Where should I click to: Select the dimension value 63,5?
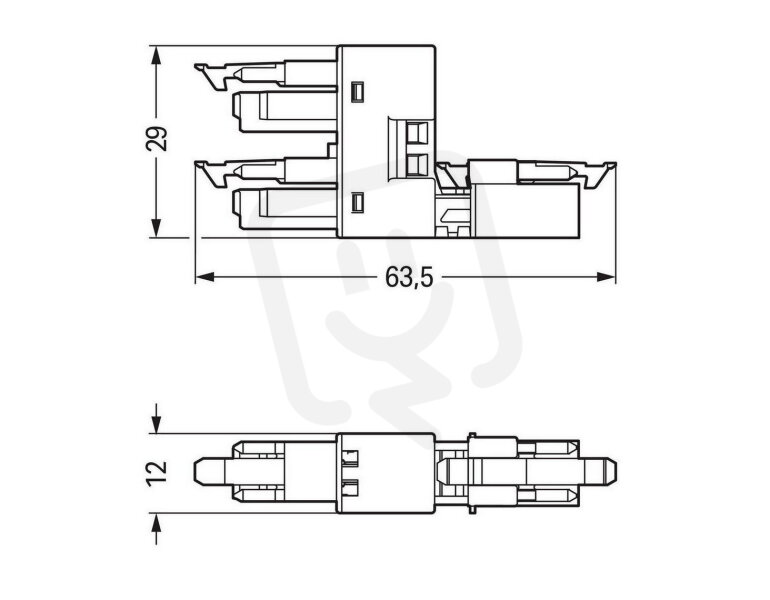(x=409, y=277)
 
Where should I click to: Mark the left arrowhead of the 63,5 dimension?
(x=205, y=277)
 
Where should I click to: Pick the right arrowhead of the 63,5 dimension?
(x=606, y=277)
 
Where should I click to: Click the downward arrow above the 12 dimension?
(x=156, y=418)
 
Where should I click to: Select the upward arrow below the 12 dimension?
(x=156, y=529)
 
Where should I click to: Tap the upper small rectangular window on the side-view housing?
(x=357, y=92)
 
